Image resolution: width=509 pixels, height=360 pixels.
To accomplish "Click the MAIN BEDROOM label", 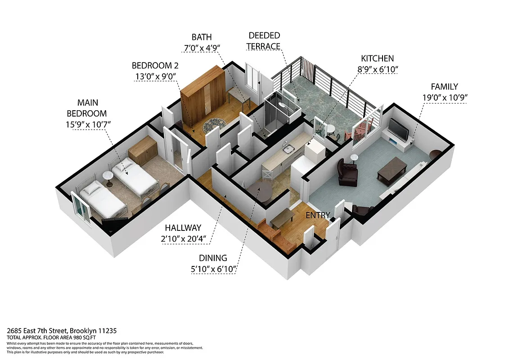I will [x=87, y=108].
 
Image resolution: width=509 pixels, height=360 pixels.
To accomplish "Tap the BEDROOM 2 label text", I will [x=154, y=65].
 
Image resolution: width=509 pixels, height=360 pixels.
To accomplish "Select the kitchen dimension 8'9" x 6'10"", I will [x=377, y=69].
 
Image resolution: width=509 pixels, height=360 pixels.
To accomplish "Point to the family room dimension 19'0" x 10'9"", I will [x=444, y=98].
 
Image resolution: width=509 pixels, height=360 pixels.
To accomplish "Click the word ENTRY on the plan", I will [x=318, y=215].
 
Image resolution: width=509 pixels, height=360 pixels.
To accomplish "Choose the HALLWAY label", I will [x=183, y=228].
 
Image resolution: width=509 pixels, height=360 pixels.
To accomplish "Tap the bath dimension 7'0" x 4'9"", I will [x=201, y=48].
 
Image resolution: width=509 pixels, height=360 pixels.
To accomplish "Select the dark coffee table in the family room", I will [x=392, y=170].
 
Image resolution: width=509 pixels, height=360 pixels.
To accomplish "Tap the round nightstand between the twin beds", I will [x=108, y=176].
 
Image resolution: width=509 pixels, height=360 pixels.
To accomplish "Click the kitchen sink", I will [x=287, y=149].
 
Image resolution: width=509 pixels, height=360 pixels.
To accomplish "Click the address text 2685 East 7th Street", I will [x=62, y=330].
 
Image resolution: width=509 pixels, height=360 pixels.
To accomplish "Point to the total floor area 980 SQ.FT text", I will [x=52, y=337].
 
